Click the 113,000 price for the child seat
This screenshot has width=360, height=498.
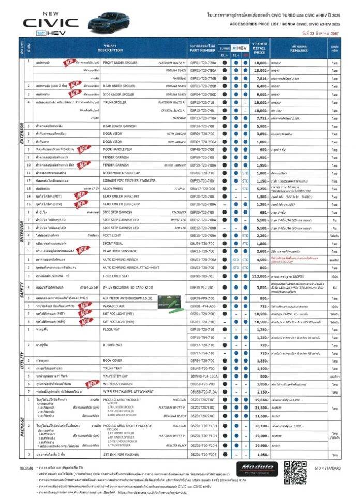pyautogui.click(x=260, y=277)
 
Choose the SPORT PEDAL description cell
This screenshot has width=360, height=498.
pyautogui.click(x=114, y=243)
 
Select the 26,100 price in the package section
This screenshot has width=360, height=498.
pyautogui.click(x=260, y=426)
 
